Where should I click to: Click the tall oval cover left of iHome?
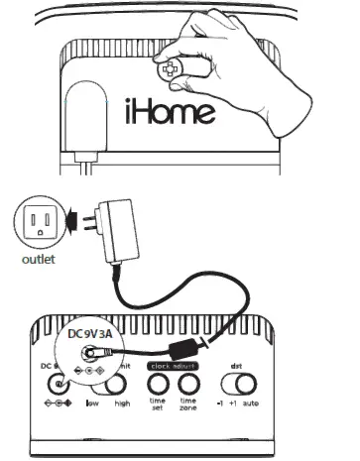pyautogui.click(x=86, y=109)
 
